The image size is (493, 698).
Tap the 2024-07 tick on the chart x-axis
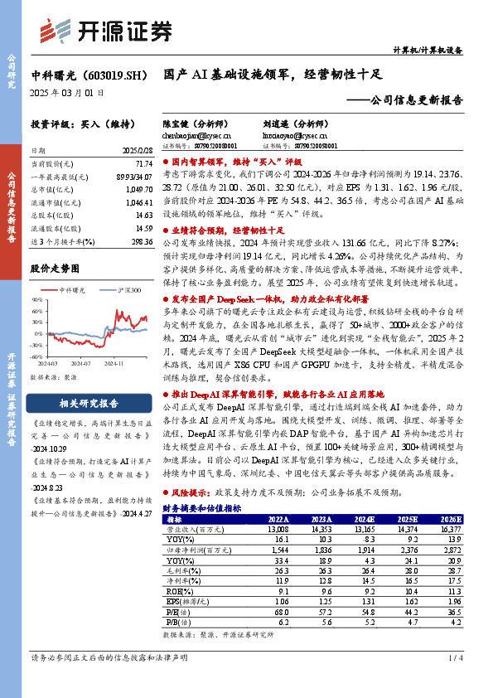coord(80,362)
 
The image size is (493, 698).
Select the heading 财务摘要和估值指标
coord(202,507)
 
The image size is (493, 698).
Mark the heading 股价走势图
coord(55,269)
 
